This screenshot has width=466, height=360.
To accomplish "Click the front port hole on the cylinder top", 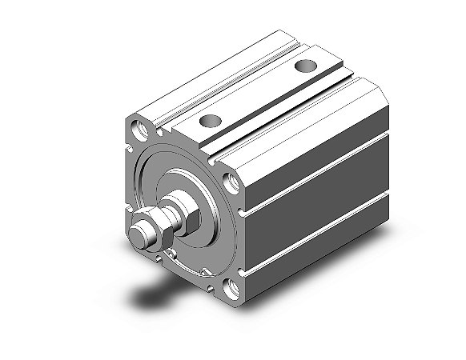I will [209, 122].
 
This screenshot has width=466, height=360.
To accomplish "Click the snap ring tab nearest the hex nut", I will [170, 255].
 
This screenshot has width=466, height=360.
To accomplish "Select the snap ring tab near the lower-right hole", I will [210, 272].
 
